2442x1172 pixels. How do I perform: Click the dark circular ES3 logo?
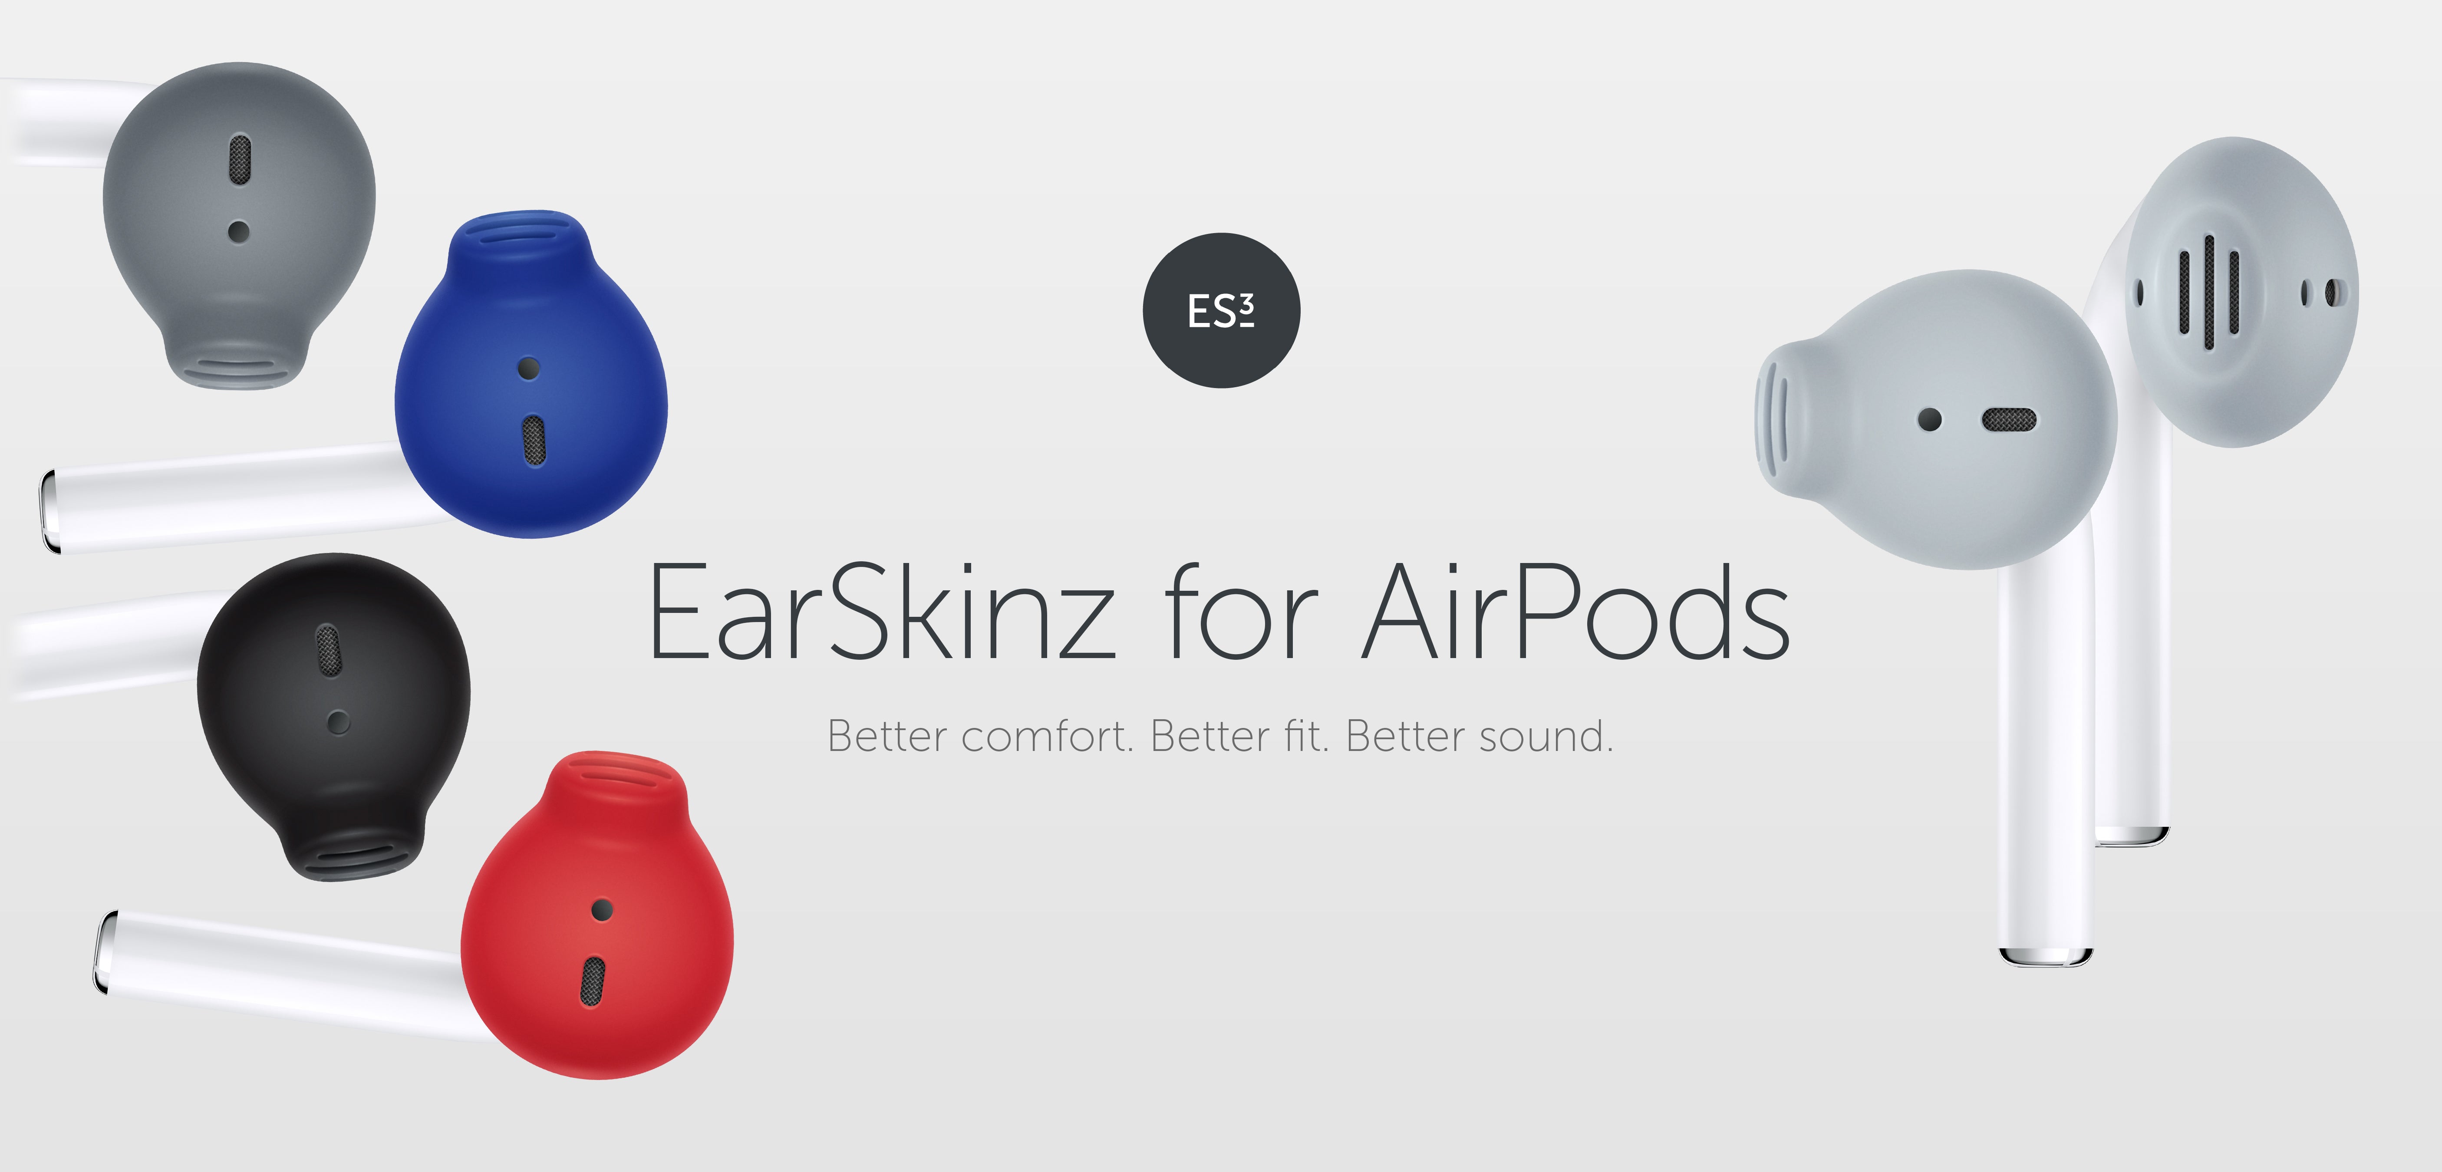point(1221,310)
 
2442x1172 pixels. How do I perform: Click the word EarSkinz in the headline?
point(882,612)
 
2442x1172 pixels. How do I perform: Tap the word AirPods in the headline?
point(1575,612)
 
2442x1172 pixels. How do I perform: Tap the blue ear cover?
point(531,379)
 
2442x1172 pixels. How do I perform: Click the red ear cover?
point(597,915)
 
